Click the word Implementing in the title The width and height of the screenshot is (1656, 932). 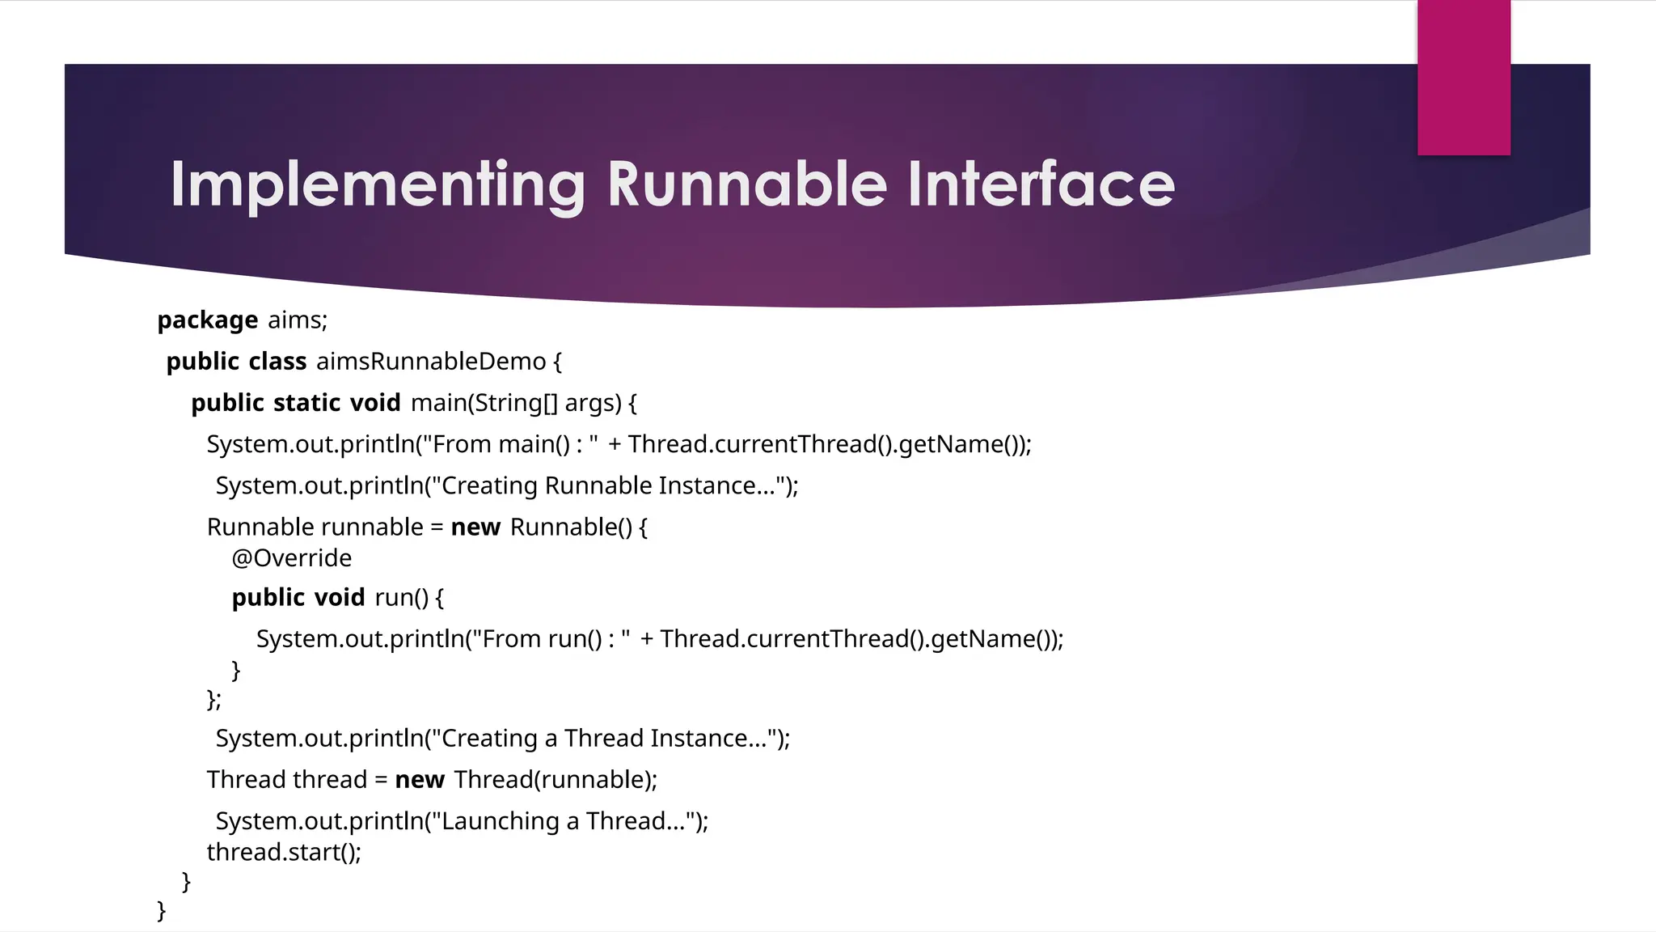(377, 186)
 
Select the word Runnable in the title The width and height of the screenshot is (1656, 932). (747, 184)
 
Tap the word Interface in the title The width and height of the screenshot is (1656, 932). (1041, 184)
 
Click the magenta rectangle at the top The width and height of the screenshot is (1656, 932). (1464, 78)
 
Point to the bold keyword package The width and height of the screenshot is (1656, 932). (207, 320)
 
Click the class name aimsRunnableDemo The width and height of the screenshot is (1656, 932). (431, 362)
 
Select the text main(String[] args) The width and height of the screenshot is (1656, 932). (516, 403)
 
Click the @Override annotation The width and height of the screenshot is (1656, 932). (292, 558)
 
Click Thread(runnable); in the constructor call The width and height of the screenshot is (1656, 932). (556, 780)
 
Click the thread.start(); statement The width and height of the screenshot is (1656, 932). (284, 852)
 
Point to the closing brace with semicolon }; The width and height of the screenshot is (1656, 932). (213, 698)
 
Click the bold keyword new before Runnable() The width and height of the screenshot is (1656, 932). (475, 527)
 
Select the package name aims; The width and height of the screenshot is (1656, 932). (297, 320)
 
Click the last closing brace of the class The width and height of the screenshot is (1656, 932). (162, 910)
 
